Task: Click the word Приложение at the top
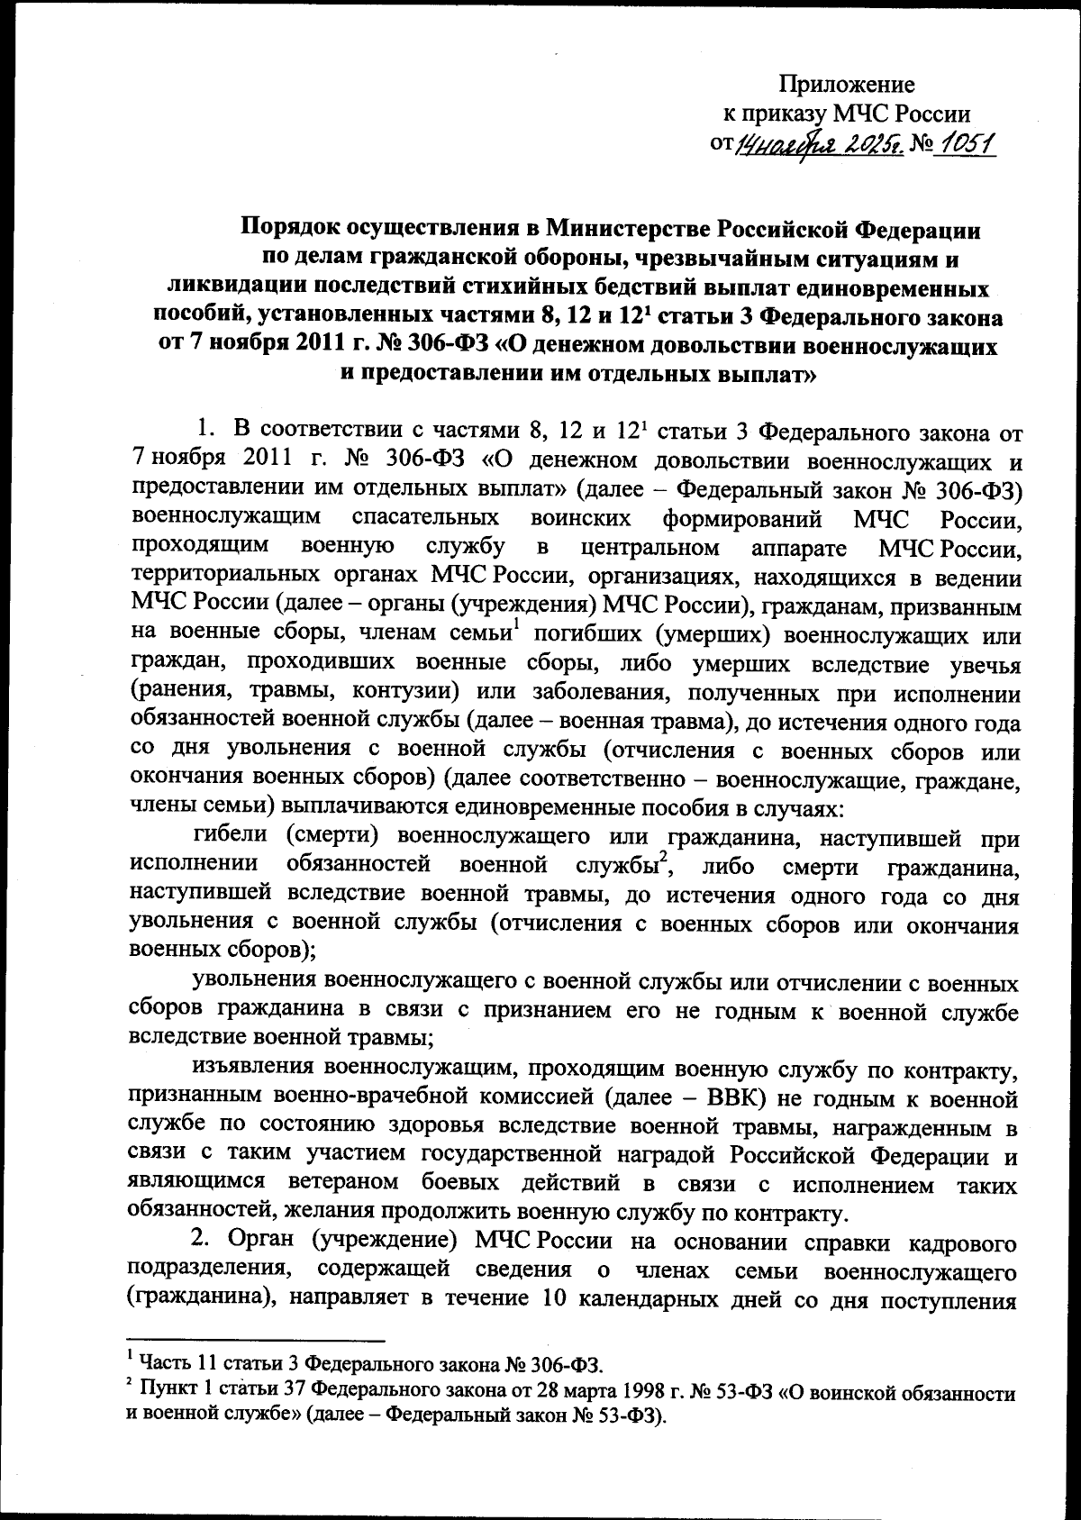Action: pos(847,85)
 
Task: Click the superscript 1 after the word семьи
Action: pos(514,628)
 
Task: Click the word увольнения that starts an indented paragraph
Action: pos(256,983)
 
